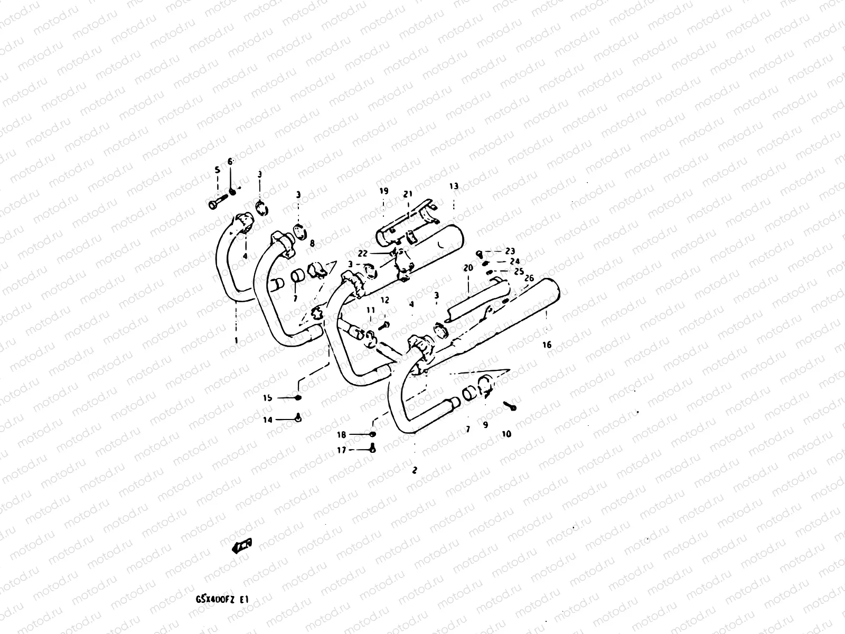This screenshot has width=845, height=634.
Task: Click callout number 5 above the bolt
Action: [217, 170]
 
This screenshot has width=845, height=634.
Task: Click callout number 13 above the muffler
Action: [454, 186]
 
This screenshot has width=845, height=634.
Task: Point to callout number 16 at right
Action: [547, 344]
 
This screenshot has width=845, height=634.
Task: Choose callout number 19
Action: [383, 191]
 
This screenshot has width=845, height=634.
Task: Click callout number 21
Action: [407, 194]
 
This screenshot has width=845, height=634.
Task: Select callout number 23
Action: [510, 251]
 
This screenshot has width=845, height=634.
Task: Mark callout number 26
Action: [530, 278]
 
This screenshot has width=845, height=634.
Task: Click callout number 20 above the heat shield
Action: [468, 268]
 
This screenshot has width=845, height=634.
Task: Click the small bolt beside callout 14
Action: [298, 419]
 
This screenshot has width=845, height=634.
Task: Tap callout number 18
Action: [342, 435]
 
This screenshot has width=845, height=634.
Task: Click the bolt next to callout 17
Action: [372, 450]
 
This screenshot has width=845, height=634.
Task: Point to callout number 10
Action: [506, 434]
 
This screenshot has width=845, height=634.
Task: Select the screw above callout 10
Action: [510, 406]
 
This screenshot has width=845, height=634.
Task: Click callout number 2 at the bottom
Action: [415, 470]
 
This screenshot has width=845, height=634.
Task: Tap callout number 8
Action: [312, 244]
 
